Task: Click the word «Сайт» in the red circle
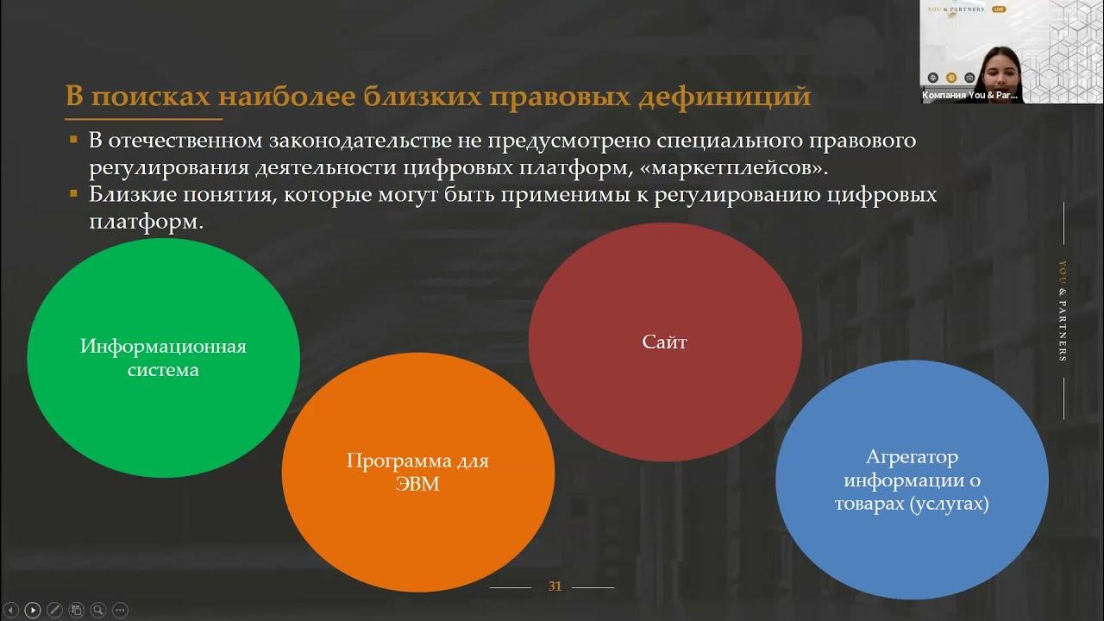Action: [x=664, y=342]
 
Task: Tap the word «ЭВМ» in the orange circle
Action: [x=417, y=484]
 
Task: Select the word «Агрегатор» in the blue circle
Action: [x=912, y=458]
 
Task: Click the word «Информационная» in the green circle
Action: [x=163, y=347]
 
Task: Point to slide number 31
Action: [x=555, y=586]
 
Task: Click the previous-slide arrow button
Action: [x=11, y=610]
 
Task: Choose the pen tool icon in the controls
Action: [x=54, y=610]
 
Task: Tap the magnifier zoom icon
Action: [x=98, y=610]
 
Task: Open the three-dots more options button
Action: [x=120, y=610]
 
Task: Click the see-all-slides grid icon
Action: [x=77, y=610]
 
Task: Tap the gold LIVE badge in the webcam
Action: [x=999, y=9]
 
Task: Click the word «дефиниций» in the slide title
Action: [x=724, y=96]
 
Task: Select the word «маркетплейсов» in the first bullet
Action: [x=733, y=168]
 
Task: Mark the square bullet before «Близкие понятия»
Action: [x=74, y=194]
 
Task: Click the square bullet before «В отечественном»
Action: [x=74, y=140]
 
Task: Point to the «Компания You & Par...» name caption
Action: [x=970, y=95]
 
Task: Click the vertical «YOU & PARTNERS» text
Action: [x=1063, y=311]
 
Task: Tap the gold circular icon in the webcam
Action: [x=951, y=78]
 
